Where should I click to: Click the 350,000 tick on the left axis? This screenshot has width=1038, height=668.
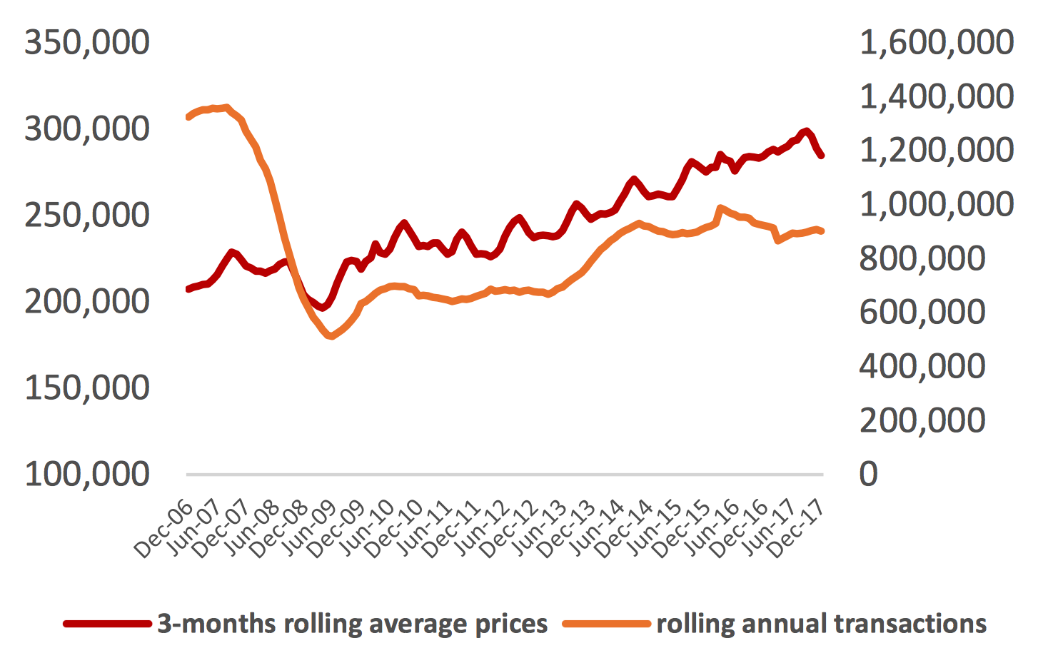click(x=87, y=43)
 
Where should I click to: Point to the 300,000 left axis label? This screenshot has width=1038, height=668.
click(x=87, y=129)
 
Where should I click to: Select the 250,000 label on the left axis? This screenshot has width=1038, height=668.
click(x=87, y=216)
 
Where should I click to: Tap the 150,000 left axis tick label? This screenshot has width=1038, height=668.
click(x=87, y=388)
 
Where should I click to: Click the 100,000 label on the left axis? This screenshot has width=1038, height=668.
click(x=87, y=474)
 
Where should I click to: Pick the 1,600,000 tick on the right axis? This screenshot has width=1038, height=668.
click(x=936, y=43)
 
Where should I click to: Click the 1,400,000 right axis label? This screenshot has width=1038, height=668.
click(x=936, y=96)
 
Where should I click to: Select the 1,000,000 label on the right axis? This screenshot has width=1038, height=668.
click(x=936, y=205)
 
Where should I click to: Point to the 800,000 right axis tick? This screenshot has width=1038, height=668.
click(x=922, y=258)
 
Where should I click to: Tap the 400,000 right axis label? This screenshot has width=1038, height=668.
click(x=922, y=366)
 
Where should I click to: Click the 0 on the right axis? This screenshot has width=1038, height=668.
click(x=869, y=474)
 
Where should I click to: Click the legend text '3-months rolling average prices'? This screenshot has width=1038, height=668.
click(x=353, y=624)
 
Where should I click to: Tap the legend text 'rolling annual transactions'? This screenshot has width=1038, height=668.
click(x=822, y=624)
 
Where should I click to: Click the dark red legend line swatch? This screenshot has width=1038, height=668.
click(x=108, y=624)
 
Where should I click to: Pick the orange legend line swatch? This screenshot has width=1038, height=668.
click(x=607, y=624)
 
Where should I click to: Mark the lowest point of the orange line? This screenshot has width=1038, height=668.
click(x=330, y=335)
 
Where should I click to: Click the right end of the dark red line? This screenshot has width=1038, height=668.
click(x=822, y=155)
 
